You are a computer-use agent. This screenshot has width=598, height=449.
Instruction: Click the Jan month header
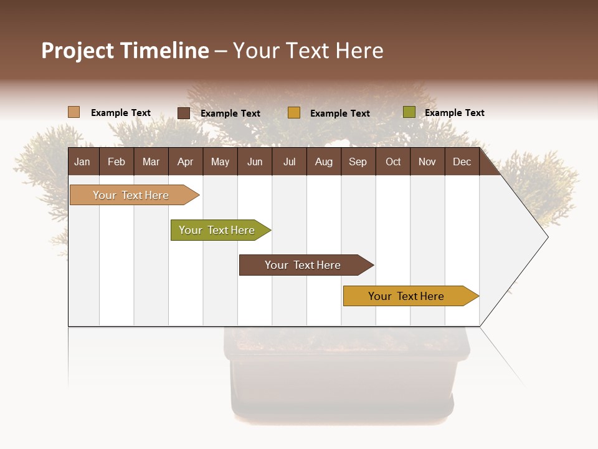(82, 162)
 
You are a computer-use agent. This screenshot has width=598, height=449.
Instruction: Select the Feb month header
(116, 162)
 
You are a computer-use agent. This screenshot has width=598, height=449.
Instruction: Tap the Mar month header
(151, 162)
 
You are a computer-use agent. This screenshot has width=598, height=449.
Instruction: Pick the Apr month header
(185, 162)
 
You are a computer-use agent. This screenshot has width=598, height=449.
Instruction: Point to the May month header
(220, 162)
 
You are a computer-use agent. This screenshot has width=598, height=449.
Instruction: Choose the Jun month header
(255, 162)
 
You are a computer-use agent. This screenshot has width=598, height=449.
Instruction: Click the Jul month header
(289, 162)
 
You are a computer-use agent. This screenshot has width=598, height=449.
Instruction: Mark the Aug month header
(323, 162)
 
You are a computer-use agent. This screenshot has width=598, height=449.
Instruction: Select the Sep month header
(358, 162)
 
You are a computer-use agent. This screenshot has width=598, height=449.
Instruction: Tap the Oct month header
(393, 162)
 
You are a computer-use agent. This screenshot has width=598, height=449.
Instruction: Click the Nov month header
(427, 162)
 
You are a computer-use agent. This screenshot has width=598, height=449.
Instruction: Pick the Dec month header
(462, 162)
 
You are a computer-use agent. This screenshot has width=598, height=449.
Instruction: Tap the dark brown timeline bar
(303, 265)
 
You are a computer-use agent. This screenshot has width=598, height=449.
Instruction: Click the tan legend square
(74, 112)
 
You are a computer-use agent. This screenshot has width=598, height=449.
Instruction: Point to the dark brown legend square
(184, 113)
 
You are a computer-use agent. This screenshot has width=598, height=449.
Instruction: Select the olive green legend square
(409, 112)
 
